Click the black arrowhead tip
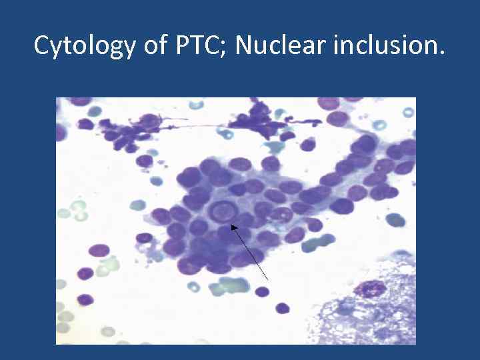(x=233, y=227)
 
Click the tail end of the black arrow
(x=268, y=279)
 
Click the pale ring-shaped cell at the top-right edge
(x=379, y=124)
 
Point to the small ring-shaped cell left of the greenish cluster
(x=193, y=287)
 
